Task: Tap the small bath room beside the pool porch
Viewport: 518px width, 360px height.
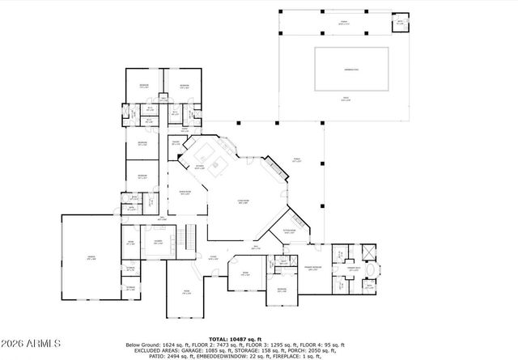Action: coord(399,23)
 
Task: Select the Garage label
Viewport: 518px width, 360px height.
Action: coord(91,257)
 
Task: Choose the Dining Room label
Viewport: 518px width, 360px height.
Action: coord(185,193)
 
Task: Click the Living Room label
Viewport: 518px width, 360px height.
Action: coord(243,202)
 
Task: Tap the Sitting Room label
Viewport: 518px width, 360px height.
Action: coord(289,231)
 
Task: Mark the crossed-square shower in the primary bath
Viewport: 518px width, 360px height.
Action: coord(367,249)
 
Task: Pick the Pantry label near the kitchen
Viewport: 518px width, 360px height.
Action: coord(175,143)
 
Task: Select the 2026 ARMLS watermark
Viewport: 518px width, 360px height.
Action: coord(31,344)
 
